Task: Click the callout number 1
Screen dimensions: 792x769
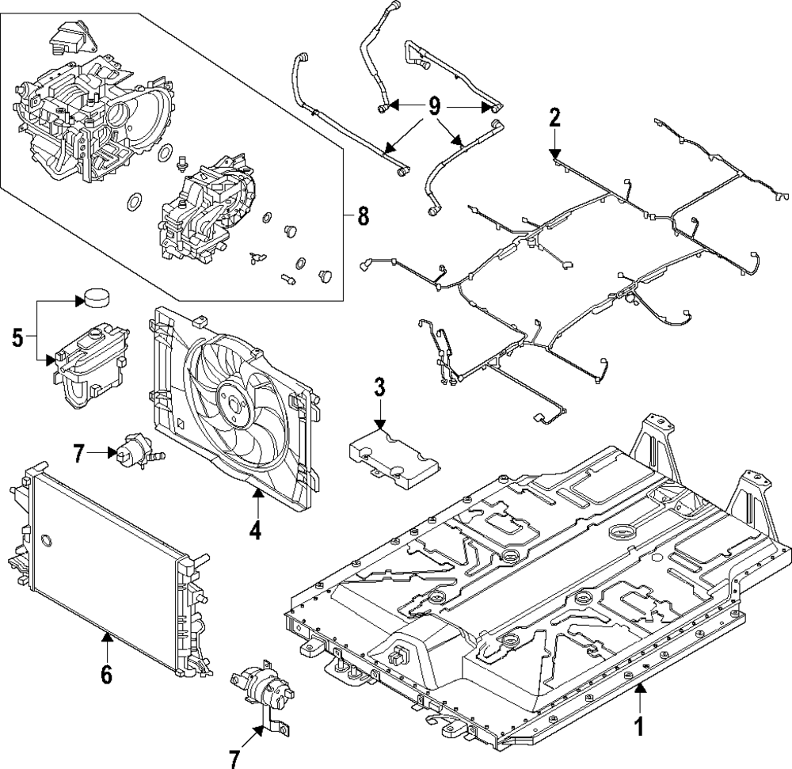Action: [639, 728]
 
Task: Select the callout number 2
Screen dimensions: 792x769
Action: [554, 117]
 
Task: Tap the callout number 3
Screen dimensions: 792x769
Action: [380, 387]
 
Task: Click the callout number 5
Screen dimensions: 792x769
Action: [17, 338]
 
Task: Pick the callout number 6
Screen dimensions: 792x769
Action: [106, 675]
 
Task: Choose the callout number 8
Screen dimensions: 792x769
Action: [363, 216]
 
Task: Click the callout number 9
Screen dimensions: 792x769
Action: [434, 106]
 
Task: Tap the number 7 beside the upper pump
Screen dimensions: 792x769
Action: [78, 454]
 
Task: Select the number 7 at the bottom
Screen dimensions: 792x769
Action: [234, 759]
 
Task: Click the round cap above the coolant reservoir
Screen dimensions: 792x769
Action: [96, 296]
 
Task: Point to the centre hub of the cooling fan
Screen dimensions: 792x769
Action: [234, 405]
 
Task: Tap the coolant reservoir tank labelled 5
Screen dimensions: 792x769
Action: [92, 366]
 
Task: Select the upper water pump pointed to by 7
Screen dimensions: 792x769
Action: [137, 451]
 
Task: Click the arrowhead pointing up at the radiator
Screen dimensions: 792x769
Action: [107, 638]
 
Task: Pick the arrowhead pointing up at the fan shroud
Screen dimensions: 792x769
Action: [257, 493]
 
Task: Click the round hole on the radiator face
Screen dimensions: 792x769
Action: [45, 540]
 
